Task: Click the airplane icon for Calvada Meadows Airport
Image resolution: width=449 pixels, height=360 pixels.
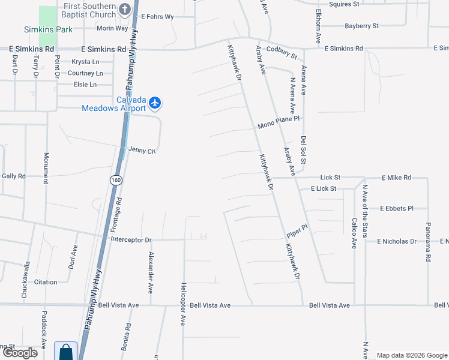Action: (155, 103)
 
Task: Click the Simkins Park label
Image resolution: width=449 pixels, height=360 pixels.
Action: (48, 29)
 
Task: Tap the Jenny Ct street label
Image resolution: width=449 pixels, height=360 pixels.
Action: (142, 151)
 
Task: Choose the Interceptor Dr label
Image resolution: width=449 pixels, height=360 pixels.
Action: (131, 240)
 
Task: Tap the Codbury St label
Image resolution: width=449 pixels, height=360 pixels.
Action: (282, 52)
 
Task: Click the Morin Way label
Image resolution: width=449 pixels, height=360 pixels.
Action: (113, 28)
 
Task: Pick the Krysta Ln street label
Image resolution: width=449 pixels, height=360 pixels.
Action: (86, 62)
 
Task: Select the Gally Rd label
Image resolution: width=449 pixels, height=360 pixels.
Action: (14, 176)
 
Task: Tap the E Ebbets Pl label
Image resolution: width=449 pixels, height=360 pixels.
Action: (397, 208)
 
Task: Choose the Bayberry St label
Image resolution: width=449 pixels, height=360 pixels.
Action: (361, 26)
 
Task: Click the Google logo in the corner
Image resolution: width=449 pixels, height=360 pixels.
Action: (20, 353)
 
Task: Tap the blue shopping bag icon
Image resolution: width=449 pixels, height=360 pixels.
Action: (65, 351)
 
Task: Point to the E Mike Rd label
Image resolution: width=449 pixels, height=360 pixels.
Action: (396, 178)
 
